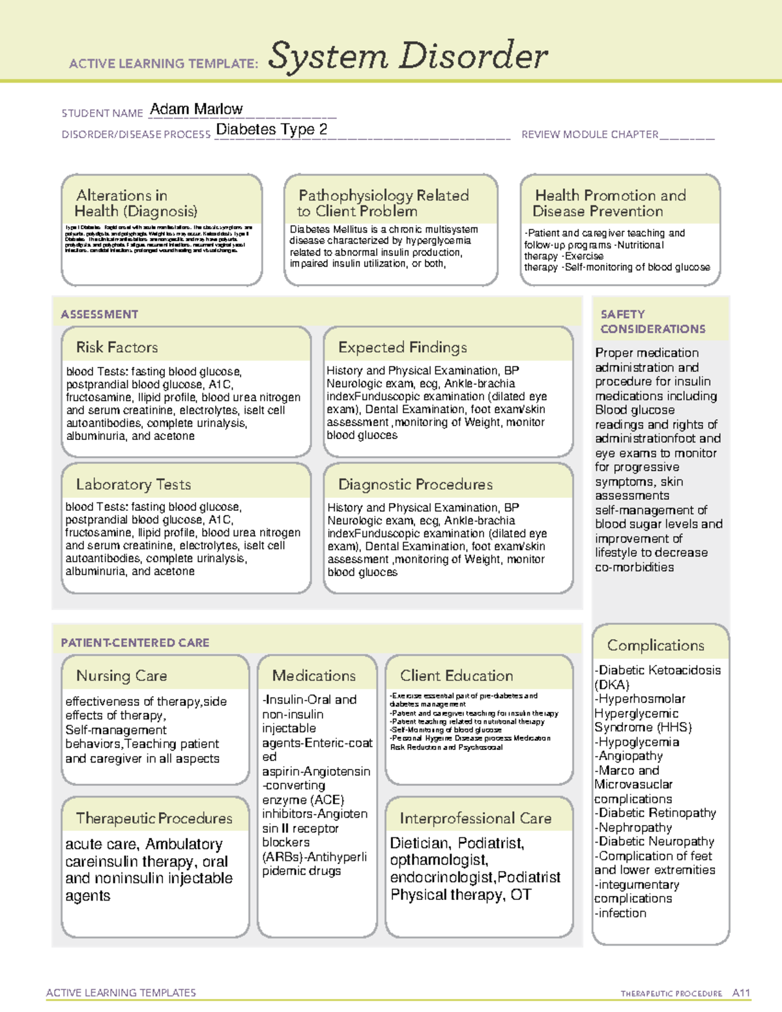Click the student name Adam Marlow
(196, 109)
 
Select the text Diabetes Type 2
(271, 130)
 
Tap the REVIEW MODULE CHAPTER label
(590, 135)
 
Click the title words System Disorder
(408, 56)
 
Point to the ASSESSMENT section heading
(100, 314)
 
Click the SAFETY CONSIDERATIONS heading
(652, 322)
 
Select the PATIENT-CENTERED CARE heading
(135, 643)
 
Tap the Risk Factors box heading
(117, 347)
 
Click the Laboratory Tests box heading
(134, 485)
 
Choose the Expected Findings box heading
(402, 347)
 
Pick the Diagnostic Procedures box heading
(415, 485)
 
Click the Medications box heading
(314, 676)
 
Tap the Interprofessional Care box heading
(476, 818)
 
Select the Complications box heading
(656, 646)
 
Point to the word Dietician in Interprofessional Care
(420, 843)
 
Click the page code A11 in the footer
(741, 993)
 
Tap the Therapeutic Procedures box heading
(154, 818)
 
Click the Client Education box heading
(456, 676)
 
